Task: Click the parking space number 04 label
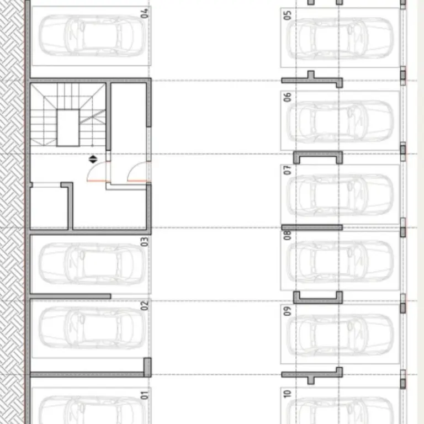145,13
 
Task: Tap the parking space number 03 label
145,242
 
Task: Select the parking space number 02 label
145,305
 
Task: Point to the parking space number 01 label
145,395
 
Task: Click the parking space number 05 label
287,15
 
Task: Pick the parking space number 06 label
287,97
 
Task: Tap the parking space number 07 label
287,171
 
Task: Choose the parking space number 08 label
287,235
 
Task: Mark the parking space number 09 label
287,311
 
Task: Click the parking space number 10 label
287,394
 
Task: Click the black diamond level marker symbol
93,159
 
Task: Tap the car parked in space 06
340,121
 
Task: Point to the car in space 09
340,335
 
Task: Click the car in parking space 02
92,328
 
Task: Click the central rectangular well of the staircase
68,128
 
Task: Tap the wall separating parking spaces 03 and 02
70,296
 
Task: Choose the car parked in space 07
340,195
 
